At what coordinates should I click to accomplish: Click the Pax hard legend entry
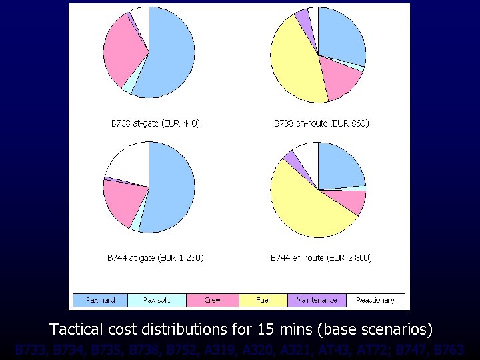[99, 300]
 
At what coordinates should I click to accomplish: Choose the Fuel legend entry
[263, 300]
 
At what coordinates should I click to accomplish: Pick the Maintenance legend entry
[317, 300]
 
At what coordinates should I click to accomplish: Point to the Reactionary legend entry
[375, 300]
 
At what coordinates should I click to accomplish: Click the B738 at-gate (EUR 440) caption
[155, 123]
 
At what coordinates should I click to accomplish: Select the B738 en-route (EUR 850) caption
[322, 123]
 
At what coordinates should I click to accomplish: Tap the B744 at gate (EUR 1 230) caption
[155, 257]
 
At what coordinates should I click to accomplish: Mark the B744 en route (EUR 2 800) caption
[321, 257]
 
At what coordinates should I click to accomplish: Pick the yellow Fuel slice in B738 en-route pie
[294, 63]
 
